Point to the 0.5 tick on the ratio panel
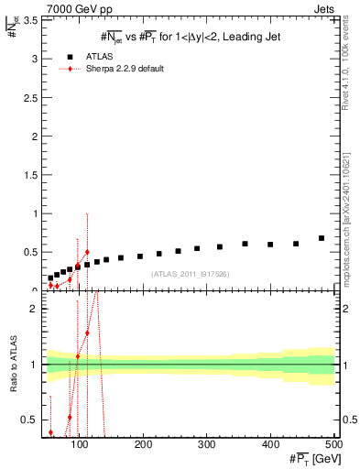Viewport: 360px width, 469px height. point(30,420)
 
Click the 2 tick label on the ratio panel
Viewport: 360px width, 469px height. point(35,310)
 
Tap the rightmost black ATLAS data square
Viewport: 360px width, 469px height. point(321,238)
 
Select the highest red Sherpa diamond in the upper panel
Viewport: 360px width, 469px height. point(87,252)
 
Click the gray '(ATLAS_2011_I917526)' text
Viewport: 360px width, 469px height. point(191,274)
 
